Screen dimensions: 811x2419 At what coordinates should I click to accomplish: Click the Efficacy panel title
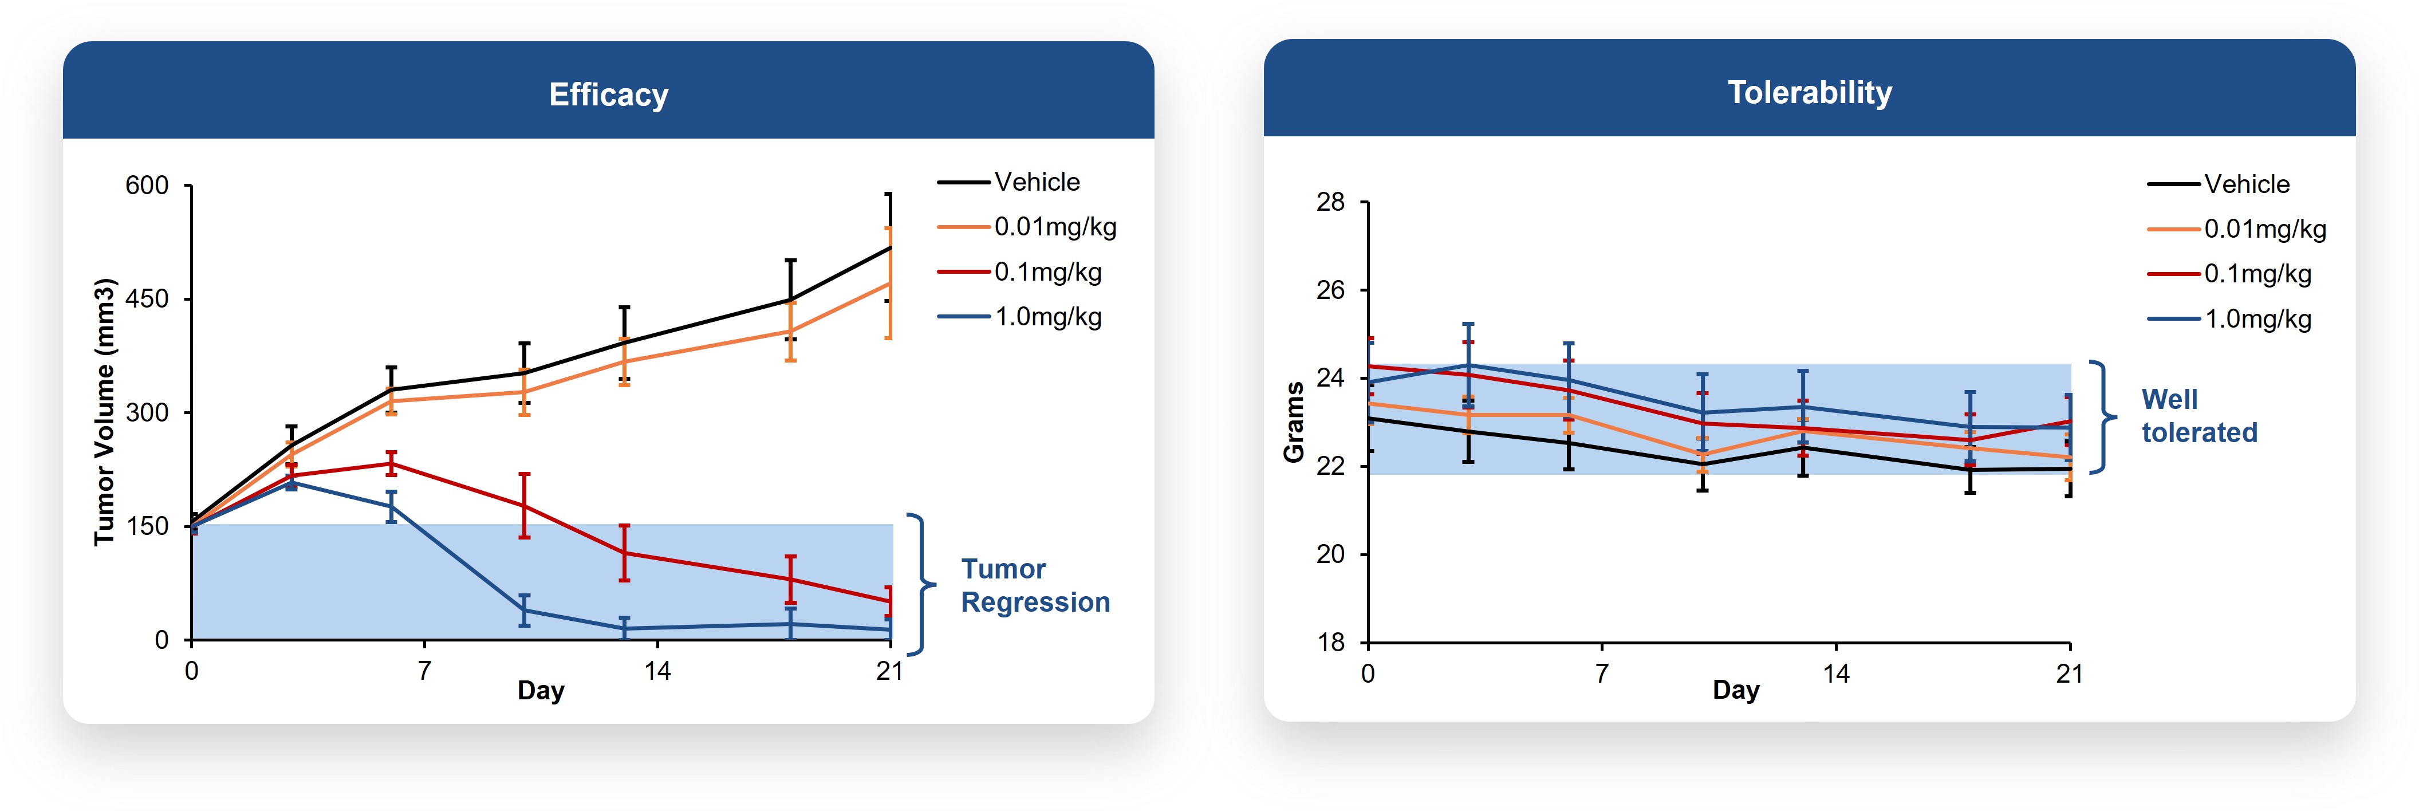(609, 95)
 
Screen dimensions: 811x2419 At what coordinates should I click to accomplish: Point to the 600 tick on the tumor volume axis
(147, 186)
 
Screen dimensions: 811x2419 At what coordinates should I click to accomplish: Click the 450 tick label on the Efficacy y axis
(147, 300)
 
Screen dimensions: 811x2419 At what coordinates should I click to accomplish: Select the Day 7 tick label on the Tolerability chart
(1601, 674)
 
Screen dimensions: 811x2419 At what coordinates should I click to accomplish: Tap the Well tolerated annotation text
(2199, 416)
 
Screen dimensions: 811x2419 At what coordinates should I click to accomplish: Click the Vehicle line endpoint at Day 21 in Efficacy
(889, 248)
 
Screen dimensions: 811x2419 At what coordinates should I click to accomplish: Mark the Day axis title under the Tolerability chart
(1735, 690)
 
